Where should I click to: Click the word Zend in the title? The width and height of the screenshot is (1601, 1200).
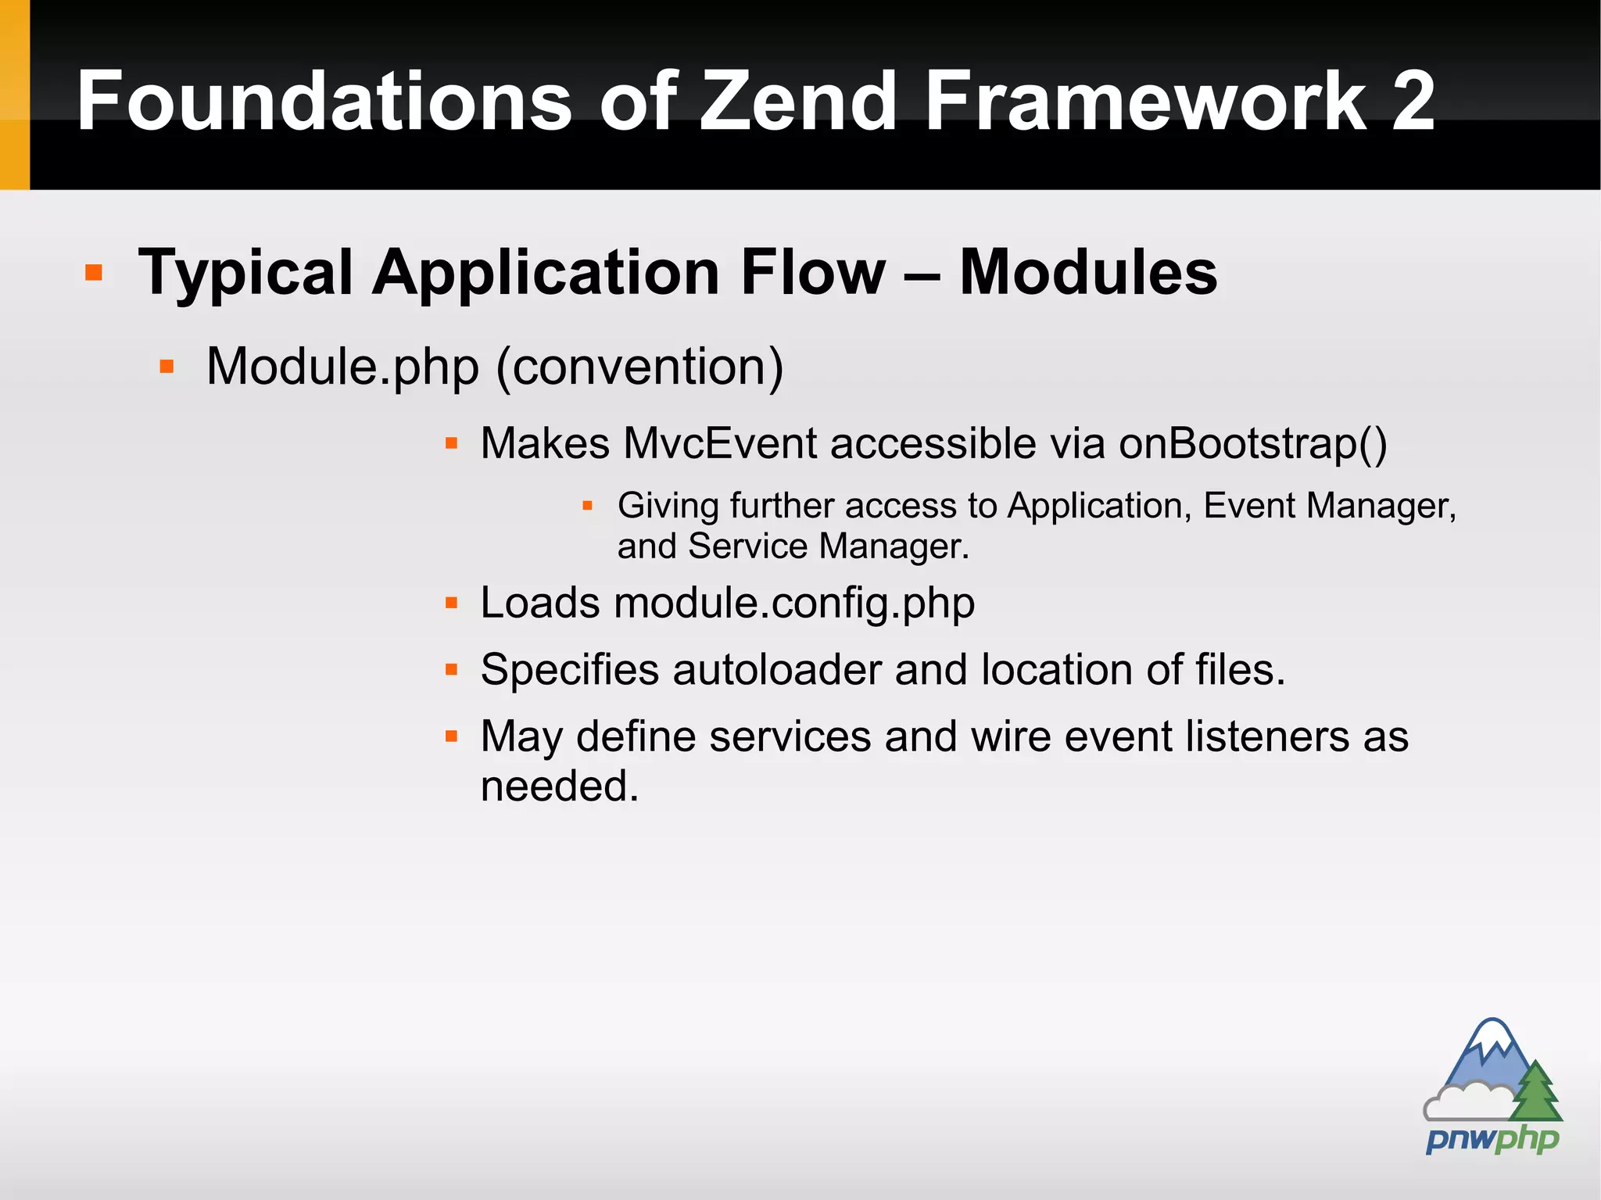(x=797, y=101)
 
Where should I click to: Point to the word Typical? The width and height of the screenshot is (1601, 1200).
(x=245, y=274)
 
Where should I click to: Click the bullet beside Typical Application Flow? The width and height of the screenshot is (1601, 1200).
(x=94, y=273)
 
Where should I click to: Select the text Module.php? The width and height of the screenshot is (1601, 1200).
(x=342, y=367)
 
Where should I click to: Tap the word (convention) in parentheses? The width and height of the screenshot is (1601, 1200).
(x=639, y=367)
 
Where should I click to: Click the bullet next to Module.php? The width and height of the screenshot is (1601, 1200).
(x=167, y=366)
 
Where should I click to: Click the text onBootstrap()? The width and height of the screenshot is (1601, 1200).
(x=1252, y=443)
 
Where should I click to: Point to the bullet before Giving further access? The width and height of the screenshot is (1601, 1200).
(x=588, y=506)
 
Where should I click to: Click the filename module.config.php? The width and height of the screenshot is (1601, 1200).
(x=794, y=604)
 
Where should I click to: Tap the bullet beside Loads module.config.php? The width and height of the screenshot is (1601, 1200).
(x=451, y=603)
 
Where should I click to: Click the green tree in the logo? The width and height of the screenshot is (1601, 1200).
(x=1536, y=1092)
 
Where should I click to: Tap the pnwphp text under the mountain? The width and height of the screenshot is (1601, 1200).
(x=1492, y=1139)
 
